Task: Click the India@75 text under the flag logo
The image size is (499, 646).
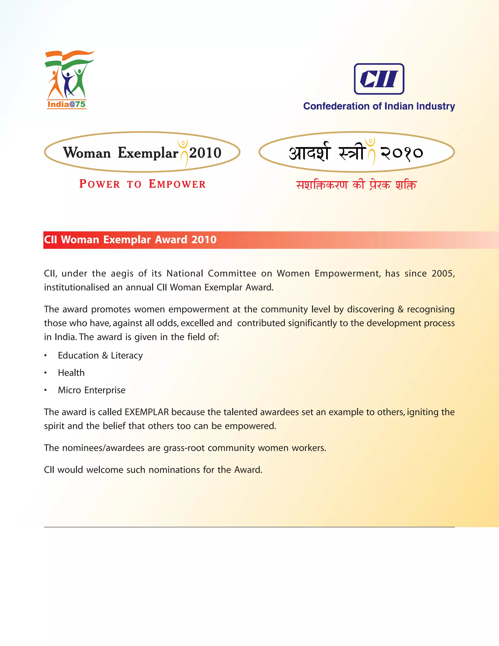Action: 67,104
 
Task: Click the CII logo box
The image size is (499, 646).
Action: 379,79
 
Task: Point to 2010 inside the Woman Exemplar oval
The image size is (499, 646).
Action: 205,153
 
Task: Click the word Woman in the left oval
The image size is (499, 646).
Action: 87,153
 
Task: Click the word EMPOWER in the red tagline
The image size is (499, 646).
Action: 177,184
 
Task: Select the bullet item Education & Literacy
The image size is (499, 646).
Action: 100,355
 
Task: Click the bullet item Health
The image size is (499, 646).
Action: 71,373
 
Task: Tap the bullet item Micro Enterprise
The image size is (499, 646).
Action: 92,390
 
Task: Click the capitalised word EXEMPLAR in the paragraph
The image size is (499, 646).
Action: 147,412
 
